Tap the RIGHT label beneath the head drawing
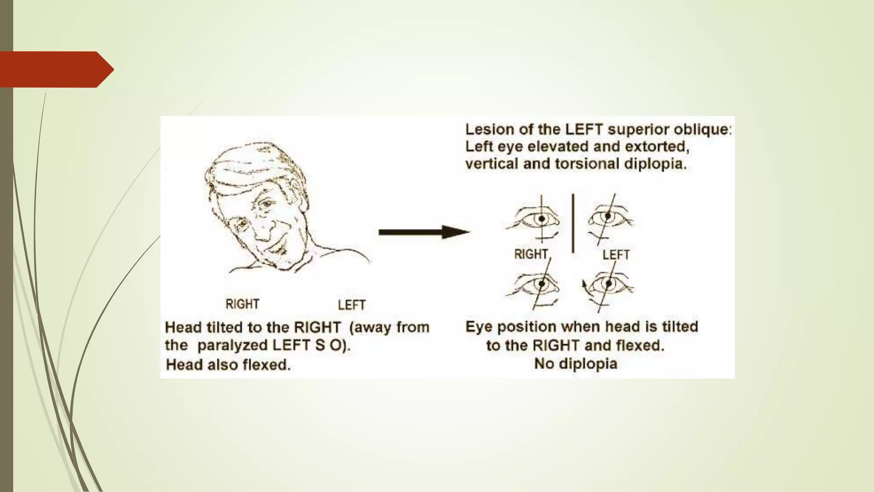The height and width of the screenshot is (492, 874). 242,304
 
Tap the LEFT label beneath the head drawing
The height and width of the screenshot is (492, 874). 352,305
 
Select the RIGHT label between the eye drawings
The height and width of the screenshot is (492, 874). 531,255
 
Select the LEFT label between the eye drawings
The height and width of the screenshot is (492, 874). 616,255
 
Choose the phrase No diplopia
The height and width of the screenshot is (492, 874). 575,364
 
